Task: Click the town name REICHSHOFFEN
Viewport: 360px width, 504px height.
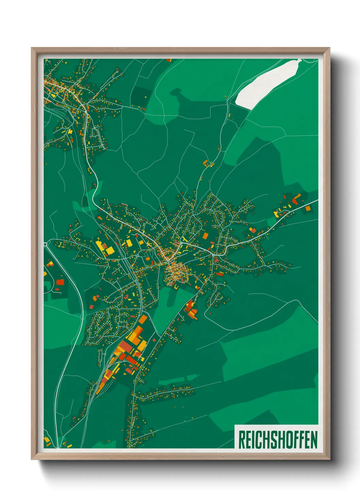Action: pyautogui.click(x=278, y=440)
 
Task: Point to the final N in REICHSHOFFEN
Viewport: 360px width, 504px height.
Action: pyautogui.click(x=314, y=440)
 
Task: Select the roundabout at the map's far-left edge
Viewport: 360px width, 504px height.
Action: pyautogui.click(x=46, y=244)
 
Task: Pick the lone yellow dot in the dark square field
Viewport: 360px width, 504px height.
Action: pyautogui.click(x=145, y=97)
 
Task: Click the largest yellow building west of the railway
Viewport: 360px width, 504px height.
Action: pyautogui.click(x=110, y=251)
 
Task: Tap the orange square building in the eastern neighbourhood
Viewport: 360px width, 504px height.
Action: pyautogui.click(x=205, y=236)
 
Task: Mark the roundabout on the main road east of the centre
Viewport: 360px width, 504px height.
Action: pyautogui.click(x=213, y=254)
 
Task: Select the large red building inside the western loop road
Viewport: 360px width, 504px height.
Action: pyautogui.click(x=60, y=282)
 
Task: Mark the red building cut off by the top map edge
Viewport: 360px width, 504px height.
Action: pyautogui.click(x=168, y=60)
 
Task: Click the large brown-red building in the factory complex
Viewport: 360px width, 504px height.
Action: pyautogui.click(x=125, y=347)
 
